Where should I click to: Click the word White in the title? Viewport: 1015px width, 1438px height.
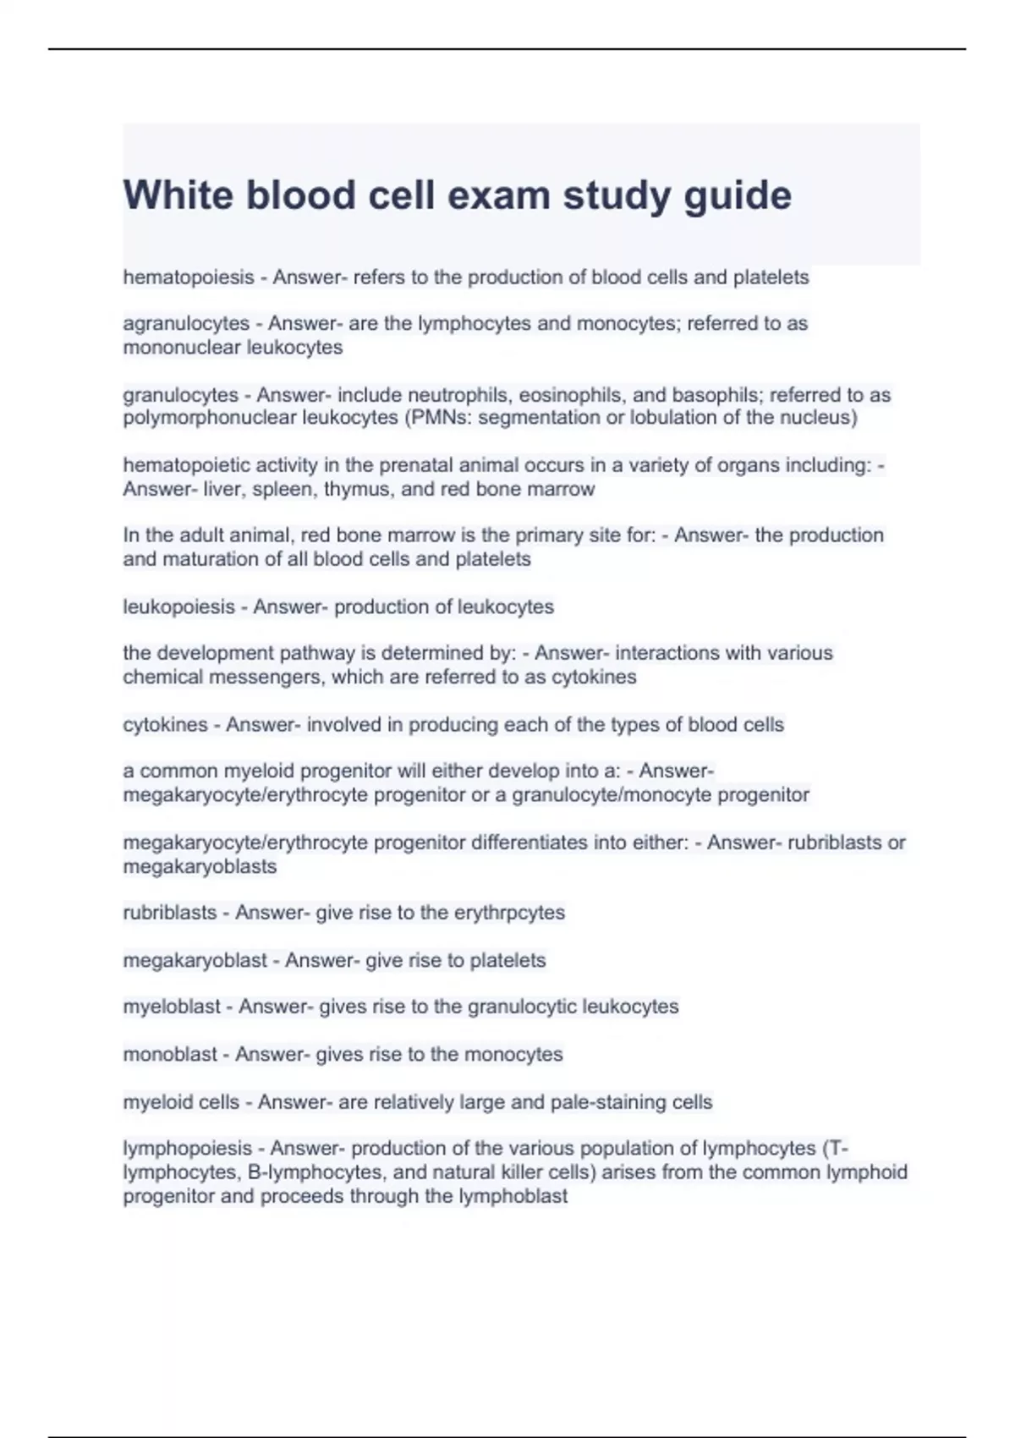click(178, 195)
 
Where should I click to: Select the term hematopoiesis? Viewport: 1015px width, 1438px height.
click(189, 277)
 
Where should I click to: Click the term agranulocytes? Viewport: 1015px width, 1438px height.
click(186, 324)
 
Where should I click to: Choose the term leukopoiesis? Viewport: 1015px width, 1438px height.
click(178, 607)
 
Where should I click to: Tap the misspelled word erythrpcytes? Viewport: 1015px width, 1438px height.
click(509, 913)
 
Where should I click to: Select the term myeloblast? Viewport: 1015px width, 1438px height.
click(172, 1007)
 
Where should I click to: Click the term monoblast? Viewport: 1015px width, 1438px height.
click(170, 1055)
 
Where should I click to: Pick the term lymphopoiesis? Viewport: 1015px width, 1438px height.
click(188, 1149)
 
